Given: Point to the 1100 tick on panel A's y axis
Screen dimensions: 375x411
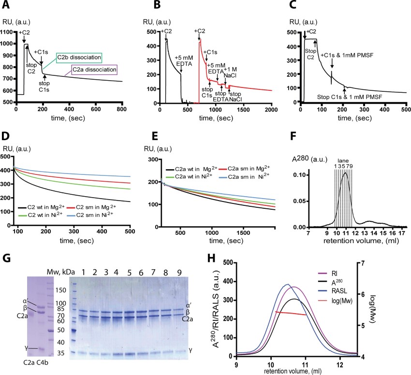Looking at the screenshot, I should (x=8, y=32).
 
